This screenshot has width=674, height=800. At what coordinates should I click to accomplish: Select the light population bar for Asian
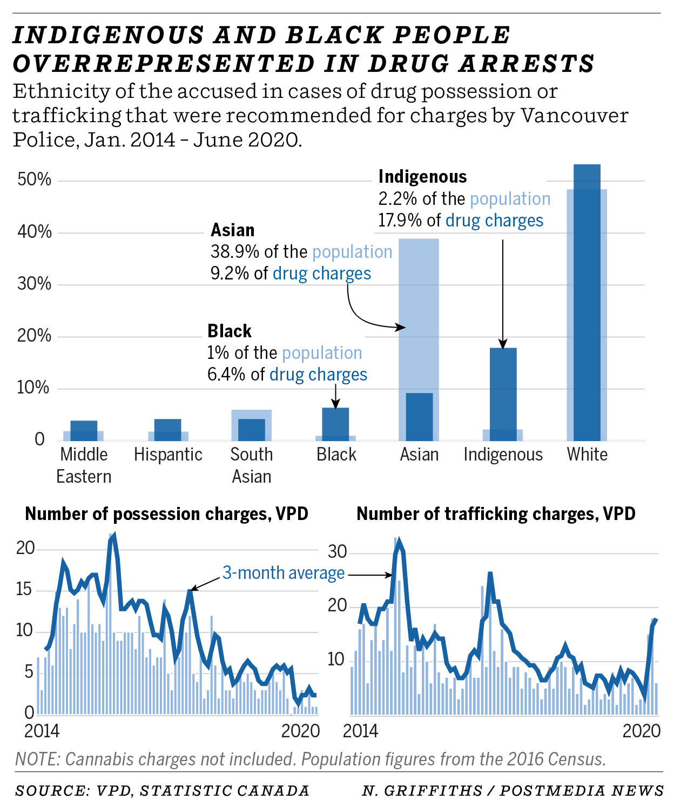click(x=419, y=314)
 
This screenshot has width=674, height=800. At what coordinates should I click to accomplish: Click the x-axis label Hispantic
click(x=168, y=455)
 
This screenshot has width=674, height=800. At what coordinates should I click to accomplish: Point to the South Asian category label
click(x=252, y=465)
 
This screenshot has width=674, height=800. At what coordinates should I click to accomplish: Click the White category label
click(x=587, y=455)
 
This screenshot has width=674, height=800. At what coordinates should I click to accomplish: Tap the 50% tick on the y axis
click(x=34, y=179)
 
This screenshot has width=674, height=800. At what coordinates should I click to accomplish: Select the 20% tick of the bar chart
click(x=34, y=336)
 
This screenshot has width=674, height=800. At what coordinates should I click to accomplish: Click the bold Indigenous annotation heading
click(x=422, y=177)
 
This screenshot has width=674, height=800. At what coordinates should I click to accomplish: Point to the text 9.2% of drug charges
click(x=291, y=274)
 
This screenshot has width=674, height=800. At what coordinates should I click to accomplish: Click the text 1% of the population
click(x=285, y=353)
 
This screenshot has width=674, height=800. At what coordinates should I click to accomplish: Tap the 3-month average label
click(x=284, y=573)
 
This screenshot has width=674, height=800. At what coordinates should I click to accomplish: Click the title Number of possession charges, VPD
click(x=166, y=514)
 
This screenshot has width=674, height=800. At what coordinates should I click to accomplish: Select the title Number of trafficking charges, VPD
click(x=496, y=514)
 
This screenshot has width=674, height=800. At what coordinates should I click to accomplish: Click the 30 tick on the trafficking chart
click(x=337, y=552)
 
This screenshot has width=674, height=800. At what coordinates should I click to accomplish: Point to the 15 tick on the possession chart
click(x=24, y=589)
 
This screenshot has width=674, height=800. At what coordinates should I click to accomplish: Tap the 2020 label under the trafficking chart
click(x=641, y=731)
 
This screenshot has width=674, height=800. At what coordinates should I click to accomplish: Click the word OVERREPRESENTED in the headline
click(x=163, y=64)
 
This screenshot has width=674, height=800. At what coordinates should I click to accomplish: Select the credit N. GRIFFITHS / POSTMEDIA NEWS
click(x=512, y=791)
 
